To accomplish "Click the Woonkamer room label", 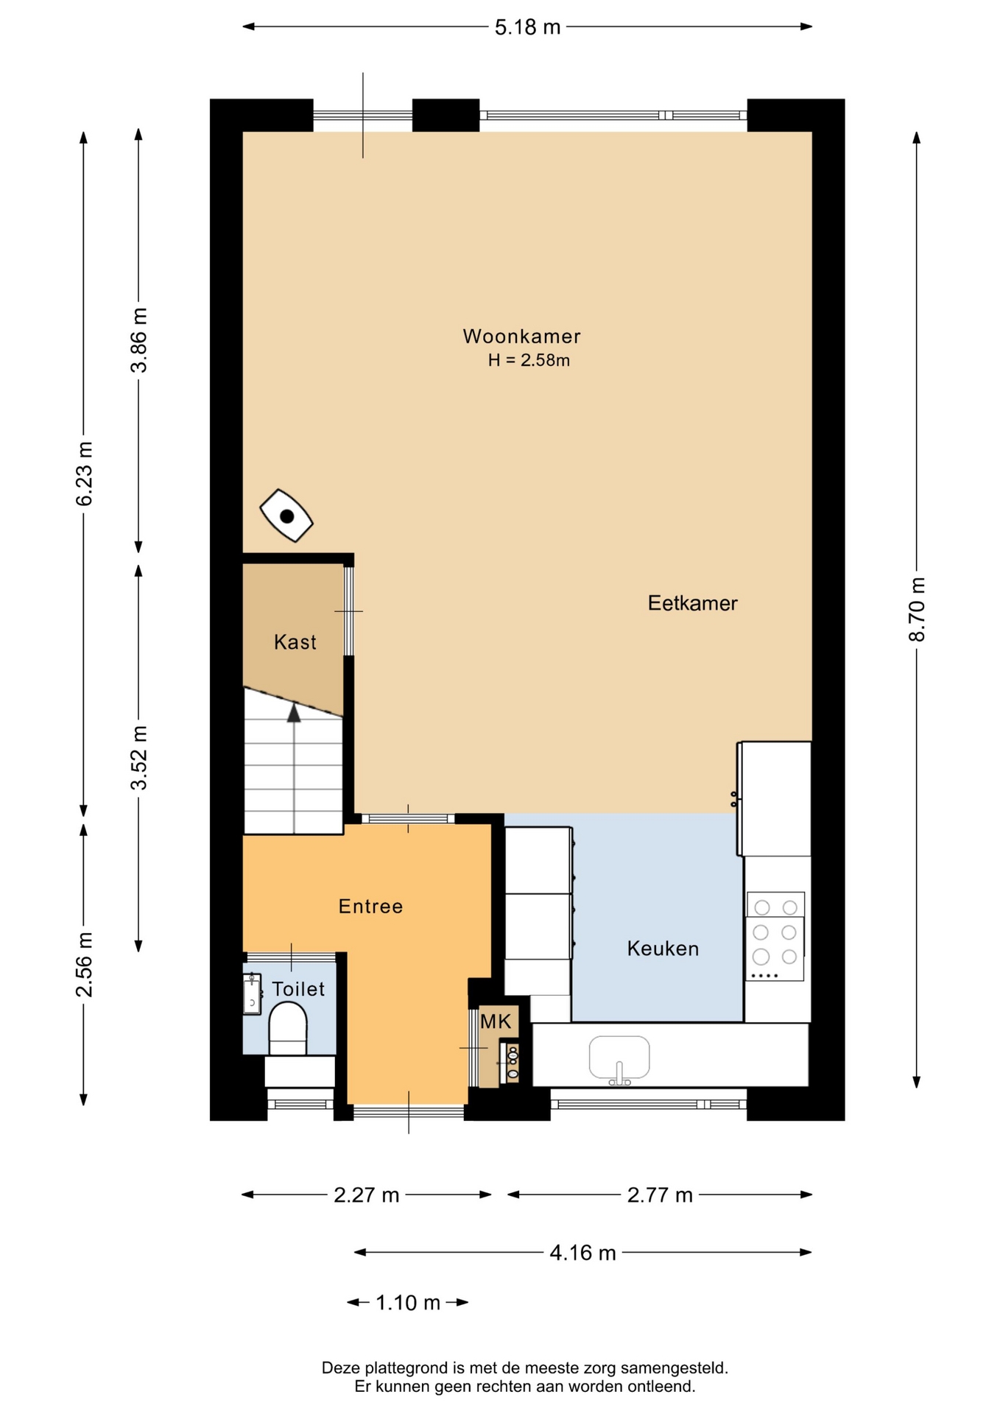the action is (521, 337).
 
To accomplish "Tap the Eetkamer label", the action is (692, 603).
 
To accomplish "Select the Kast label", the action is (295, 642).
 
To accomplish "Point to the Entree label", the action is (370, 906).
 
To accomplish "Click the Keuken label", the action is (663, 949).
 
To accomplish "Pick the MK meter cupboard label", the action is (496, 1021).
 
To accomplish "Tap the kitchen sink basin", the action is (619, 1058).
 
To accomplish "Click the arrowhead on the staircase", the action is (294, 712).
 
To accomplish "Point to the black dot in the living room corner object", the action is (287, 516).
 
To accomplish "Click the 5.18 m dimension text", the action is (527, 27).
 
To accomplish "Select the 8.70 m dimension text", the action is (917, 610).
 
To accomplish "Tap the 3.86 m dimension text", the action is (138, 340).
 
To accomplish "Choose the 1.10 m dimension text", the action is (408, 1303).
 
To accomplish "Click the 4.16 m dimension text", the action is (582, 1253).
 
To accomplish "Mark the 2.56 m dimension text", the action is (84, 965).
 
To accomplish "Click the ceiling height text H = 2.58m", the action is (529, 360).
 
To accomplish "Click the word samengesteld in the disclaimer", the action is (675, 1368).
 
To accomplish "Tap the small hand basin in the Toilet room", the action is (252, 994).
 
